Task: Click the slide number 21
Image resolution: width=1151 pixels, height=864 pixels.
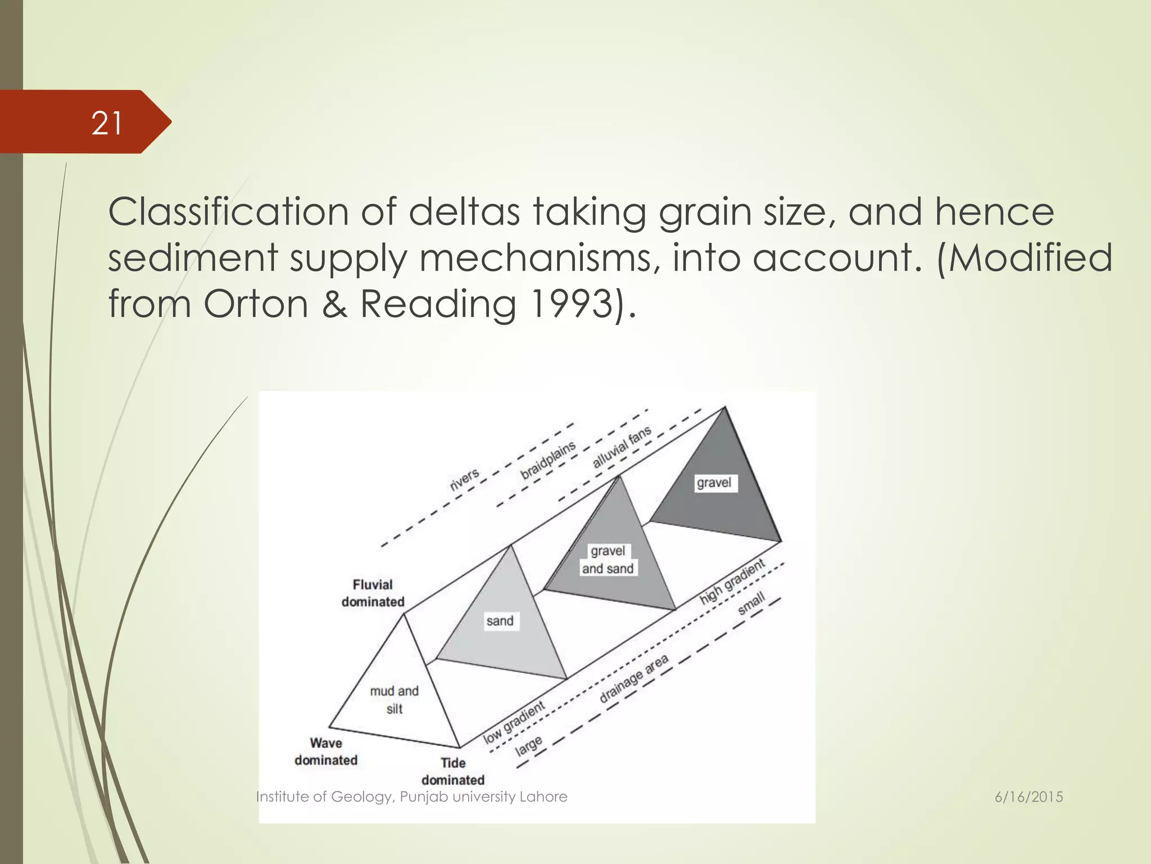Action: (107, 123)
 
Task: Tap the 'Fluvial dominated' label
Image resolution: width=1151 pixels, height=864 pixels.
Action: (373, 593)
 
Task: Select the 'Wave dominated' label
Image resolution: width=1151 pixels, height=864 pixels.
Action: (326, 751)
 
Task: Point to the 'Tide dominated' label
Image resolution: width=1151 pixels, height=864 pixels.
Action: (453, 771)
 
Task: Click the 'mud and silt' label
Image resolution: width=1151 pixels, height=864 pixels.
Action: (395, 700)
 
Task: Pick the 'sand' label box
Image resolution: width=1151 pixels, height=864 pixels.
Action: (500, 621)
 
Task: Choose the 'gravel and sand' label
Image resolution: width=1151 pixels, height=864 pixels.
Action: (608, 560)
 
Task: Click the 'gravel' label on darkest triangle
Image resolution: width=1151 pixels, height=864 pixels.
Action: (714, 483)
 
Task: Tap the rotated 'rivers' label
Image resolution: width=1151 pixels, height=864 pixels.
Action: (465, 479)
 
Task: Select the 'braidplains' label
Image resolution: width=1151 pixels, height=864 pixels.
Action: (548, 460)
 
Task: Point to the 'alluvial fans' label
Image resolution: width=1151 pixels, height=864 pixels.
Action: (622, 447)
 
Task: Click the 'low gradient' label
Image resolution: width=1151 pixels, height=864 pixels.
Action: (514, 722)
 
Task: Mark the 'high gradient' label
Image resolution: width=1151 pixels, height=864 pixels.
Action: (732, 582)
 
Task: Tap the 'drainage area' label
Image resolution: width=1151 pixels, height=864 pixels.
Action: (634, 678)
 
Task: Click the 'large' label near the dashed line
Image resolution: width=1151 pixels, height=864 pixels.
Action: (529, 745)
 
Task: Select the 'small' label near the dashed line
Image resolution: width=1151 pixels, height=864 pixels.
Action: (751, 604)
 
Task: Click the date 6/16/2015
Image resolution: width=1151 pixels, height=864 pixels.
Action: (1028, 797)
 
